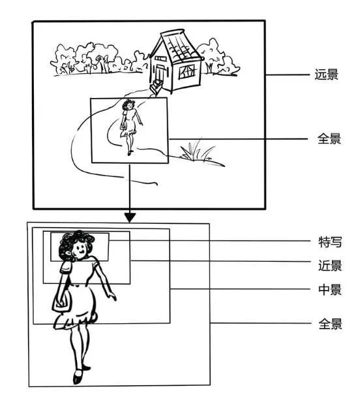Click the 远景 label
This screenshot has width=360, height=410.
(x=326, y=74)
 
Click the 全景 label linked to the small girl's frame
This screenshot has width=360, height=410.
(x=326, y=139)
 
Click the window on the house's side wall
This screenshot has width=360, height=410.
(x=188, y=71)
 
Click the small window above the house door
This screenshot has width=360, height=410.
(x=160, y=59)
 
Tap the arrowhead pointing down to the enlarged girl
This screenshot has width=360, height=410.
(x=130, y=216)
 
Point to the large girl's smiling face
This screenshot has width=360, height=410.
(x=81, y=249)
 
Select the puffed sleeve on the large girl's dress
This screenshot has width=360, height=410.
(x=67, y=266)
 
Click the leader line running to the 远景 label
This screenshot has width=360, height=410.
(x=287, y=75)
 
